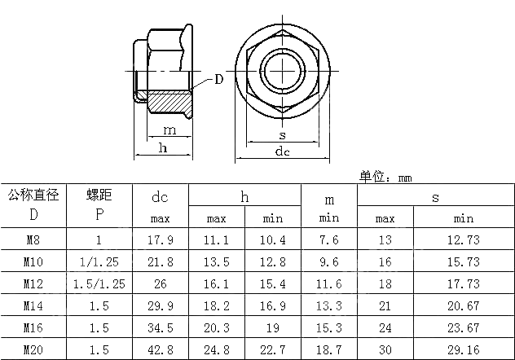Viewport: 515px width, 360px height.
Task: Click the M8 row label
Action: tap(33, 240)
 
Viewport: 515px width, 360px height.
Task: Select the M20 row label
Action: tap(33, 350)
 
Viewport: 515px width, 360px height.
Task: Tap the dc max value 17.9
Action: tap(161, 240)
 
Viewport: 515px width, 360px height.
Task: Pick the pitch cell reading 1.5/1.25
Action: tap(99, 284)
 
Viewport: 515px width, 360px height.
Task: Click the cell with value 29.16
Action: tap(464, 350)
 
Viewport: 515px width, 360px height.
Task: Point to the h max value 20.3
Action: tap(216, 328)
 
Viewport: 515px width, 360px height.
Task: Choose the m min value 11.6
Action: tap(328, 284)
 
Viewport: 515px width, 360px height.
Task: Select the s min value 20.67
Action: tap(464, 306)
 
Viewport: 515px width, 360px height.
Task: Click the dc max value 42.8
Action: tap(161, 350)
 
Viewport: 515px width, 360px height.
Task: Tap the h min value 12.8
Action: tap(273, 262)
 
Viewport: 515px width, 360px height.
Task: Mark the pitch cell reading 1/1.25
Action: tap(99, 262)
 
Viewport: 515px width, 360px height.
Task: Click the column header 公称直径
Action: tap(33, 195)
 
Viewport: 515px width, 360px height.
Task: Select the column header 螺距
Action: tap(99, 195)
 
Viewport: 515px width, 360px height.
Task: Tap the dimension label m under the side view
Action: tap(169, 130)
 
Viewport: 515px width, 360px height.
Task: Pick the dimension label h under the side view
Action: tap(162, 147)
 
